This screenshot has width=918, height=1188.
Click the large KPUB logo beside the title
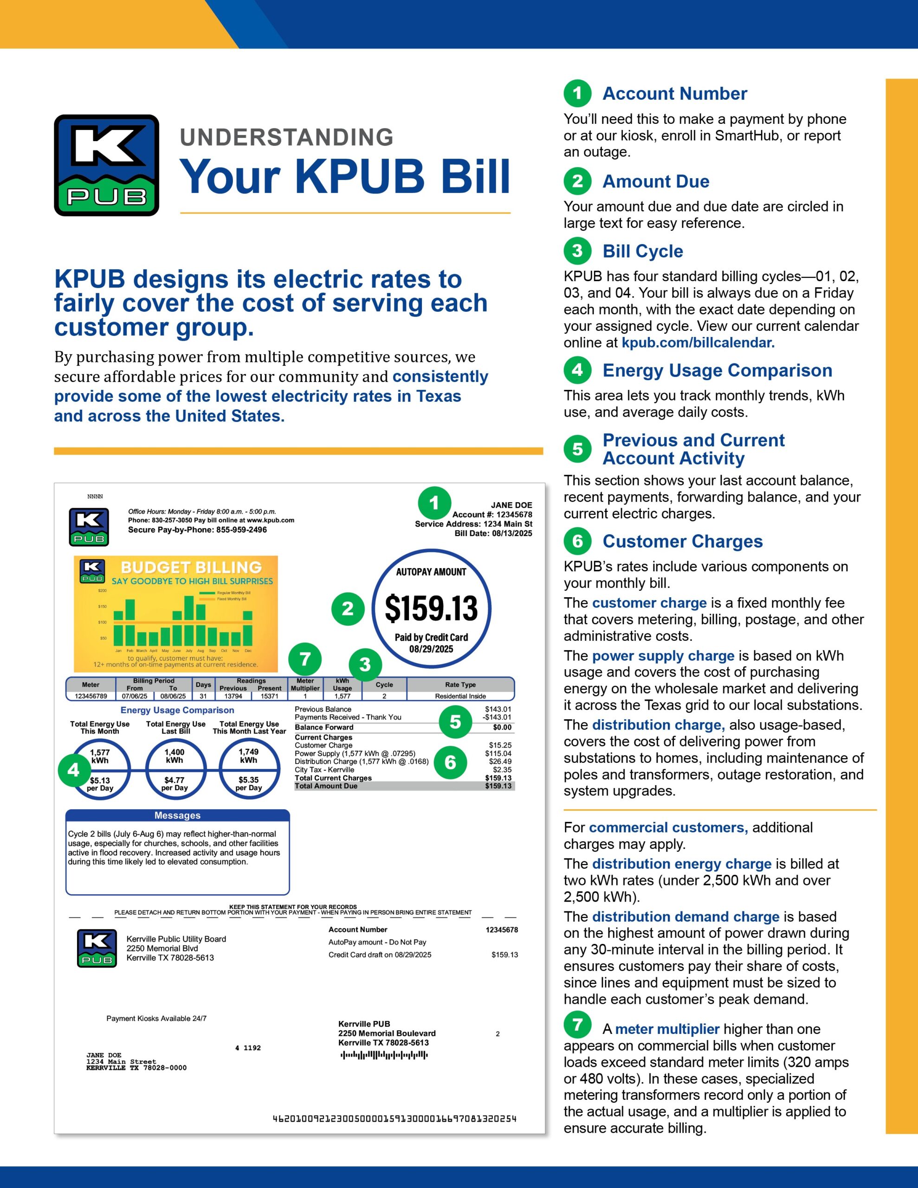[107, 165]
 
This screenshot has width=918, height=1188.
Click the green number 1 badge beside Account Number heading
[577, 94]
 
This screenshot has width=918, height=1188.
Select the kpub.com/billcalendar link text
[698, 342]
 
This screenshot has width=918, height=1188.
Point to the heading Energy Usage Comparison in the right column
[717, 370]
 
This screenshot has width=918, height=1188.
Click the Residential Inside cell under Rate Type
[460, 696]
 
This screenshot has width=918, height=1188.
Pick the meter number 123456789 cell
[91, 696]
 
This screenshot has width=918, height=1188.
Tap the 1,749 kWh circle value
[249, 755]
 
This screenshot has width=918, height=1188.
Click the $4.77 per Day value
[174, 784]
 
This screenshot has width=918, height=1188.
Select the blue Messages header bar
[177, 815]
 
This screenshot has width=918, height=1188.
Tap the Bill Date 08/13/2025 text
[493, 533]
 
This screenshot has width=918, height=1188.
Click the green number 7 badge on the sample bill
[305, 659]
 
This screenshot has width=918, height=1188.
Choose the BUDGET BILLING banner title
[191, 568]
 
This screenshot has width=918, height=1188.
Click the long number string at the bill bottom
[394, 1118]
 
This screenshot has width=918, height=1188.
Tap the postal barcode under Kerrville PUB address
[384, 1055]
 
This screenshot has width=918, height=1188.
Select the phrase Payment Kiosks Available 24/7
[156, 1018]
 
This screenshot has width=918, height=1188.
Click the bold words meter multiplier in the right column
[667, 1029]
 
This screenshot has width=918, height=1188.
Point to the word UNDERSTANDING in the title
[287, 137]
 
